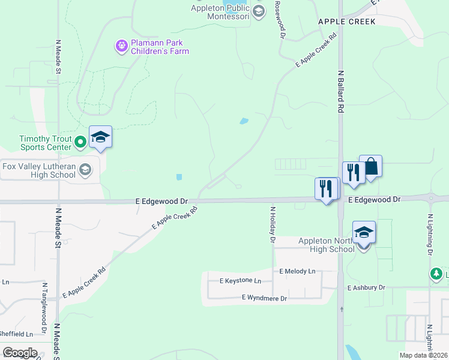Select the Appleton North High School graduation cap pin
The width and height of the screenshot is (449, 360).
coord(364,232)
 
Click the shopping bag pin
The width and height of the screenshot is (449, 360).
coord(371,166)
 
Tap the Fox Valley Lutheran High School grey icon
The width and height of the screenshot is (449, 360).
coord(85,169)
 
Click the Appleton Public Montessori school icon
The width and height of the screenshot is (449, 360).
coord(259,11)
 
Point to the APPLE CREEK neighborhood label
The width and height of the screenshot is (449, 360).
coord(346,22)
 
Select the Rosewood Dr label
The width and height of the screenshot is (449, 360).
coord(279,20)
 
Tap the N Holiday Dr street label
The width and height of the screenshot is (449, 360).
coord(273,225)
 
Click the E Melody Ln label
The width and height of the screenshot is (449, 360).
coord(297,271)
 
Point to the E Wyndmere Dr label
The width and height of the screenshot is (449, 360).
coord(264,298)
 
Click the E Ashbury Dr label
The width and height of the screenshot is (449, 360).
coord(366,288)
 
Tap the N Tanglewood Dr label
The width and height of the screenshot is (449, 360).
coord(44,307)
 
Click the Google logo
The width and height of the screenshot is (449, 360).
coord(20,353)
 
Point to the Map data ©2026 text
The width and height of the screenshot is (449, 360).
coord(423,355)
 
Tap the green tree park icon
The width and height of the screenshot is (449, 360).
coord(437,274)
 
